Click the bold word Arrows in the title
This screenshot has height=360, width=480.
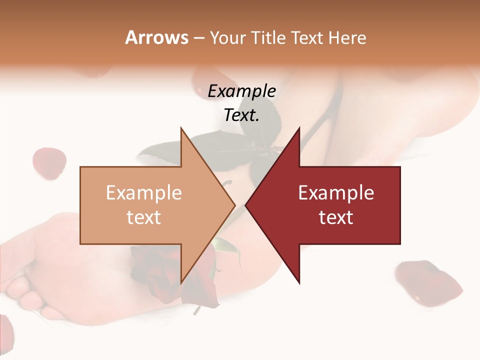157,37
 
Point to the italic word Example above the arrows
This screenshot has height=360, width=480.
241,91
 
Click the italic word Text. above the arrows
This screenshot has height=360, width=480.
241,115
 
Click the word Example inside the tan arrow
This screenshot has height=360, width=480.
143,193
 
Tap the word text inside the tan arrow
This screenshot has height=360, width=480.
143,217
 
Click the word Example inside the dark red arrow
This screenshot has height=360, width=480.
336,193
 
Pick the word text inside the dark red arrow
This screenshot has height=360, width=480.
336,217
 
